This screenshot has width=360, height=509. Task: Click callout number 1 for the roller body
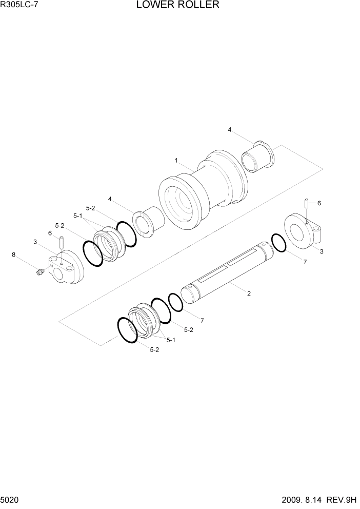pyautogui.click(x=176, y=161)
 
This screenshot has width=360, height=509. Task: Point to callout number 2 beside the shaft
pyautogui.click(x=249, y=293)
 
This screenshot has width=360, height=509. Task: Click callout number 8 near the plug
pyautogui.click(x=14, y=254)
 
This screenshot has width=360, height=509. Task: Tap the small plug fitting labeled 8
pyautogui.click(x=39, y=272)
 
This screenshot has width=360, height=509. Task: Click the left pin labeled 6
pyautogui.click(x=62, y=241)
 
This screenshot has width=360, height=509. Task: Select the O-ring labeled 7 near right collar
pyautogui.click(x=278, y=243)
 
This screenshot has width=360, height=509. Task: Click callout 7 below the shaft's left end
pyautogui.click(x=202, y=321)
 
